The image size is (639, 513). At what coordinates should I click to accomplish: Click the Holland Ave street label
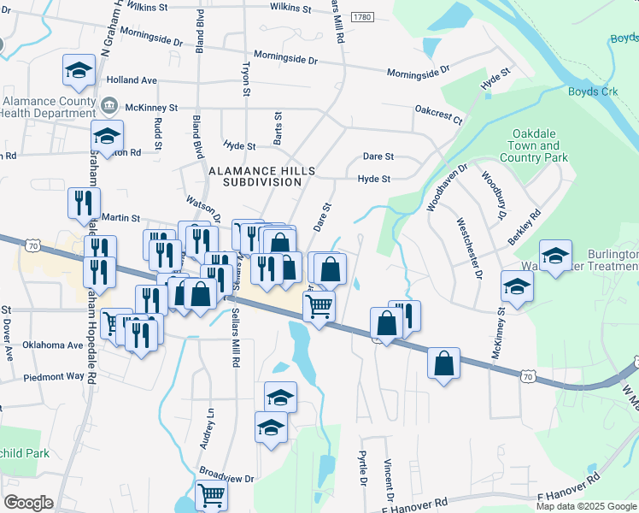[132, 80]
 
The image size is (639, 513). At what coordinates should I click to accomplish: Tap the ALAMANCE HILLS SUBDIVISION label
[261, 176]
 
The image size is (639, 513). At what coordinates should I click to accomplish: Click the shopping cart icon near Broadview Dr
[211, 494]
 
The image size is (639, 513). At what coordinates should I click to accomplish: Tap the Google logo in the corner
[29, 502]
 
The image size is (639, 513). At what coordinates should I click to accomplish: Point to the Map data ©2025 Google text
[586, 506]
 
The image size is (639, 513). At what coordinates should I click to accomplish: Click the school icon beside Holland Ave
[79, 70]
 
